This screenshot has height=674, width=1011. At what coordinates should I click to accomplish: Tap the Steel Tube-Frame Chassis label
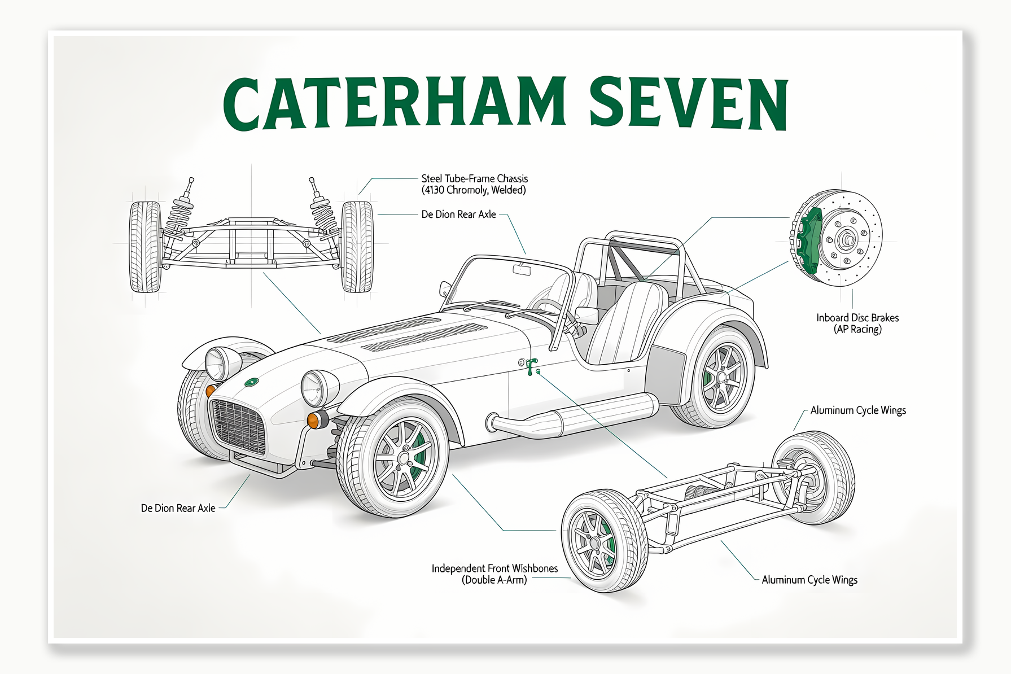point(474,184)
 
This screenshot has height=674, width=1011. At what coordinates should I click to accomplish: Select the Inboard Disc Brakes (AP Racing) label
point(857,323)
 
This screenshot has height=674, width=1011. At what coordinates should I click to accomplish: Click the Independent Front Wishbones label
point(494,574)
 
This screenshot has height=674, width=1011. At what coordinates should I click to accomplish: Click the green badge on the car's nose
point(251,382)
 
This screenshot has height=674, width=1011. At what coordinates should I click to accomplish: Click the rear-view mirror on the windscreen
point(522,270)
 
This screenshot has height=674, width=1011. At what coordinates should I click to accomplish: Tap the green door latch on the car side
point(531,367)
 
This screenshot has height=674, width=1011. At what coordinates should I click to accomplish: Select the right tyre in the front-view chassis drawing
point(357,247)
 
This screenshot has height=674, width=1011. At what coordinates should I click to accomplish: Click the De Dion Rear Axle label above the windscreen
point(458,215)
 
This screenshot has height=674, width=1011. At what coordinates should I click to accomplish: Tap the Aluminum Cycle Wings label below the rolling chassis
point(809,580)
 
